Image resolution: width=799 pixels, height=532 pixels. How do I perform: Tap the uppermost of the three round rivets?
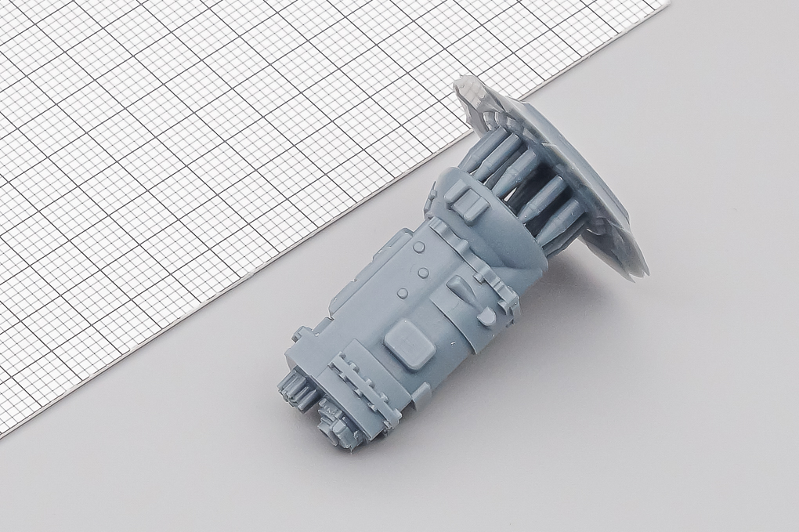(x=420, y=247)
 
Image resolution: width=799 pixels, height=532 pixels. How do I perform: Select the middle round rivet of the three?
(x=424, y=273)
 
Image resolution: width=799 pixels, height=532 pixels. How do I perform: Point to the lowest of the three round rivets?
(x=402, y=293)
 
